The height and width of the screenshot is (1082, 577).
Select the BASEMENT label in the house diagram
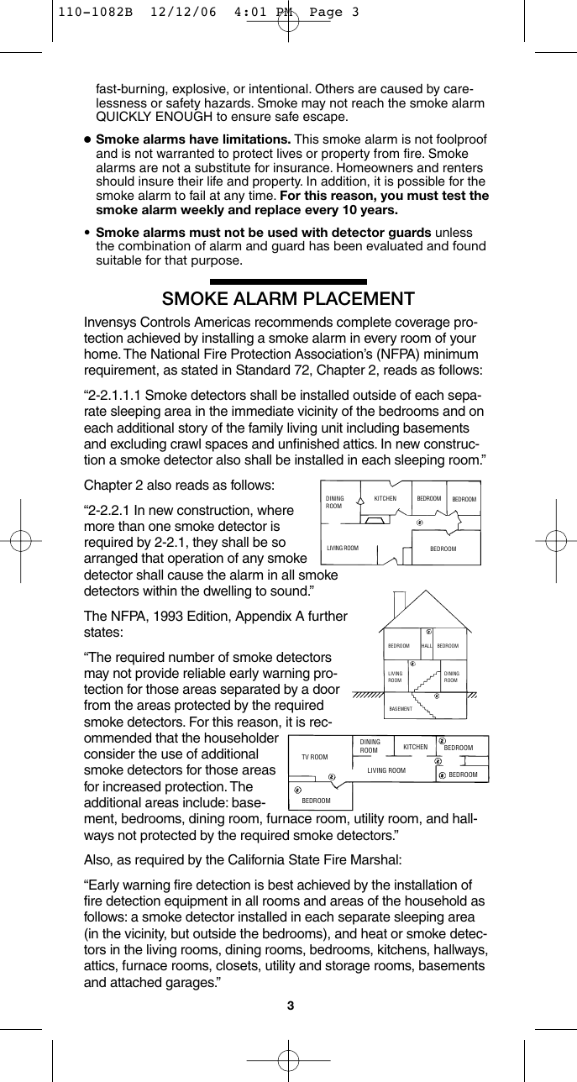point(401,709)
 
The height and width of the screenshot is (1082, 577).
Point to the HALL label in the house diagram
point(426,646)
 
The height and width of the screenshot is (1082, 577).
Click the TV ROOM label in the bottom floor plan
point(314,757)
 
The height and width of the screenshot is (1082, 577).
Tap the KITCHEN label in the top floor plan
point(385,498)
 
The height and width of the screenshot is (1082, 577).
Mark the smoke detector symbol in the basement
point(436,696)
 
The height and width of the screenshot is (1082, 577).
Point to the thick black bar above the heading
point(288,283)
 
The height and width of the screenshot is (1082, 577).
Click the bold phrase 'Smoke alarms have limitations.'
point(193,139)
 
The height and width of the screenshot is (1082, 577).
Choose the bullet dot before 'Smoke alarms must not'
point(87,232)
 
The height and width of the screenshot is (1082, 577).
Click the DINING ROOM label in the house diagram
point(450,676)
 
